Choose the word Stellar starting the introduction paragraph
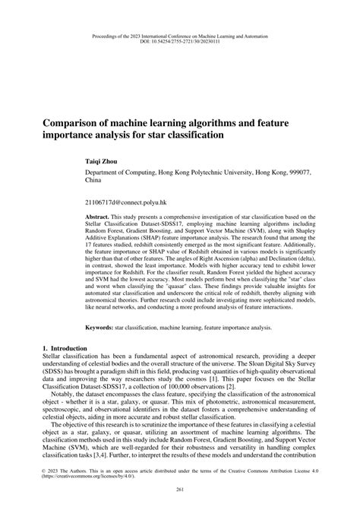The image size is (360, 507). point(54,356)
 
